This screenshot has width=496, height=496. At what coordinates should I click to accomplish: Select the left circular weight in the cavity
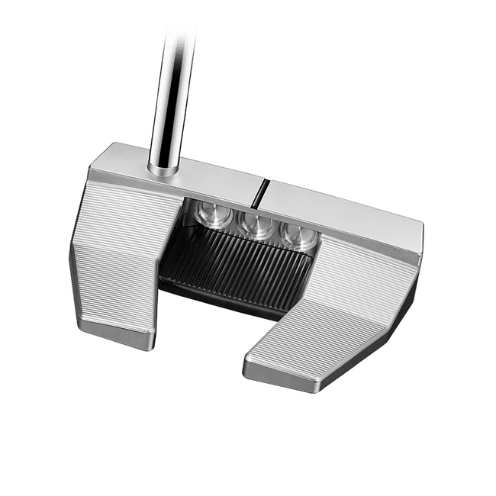(210, 217)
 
